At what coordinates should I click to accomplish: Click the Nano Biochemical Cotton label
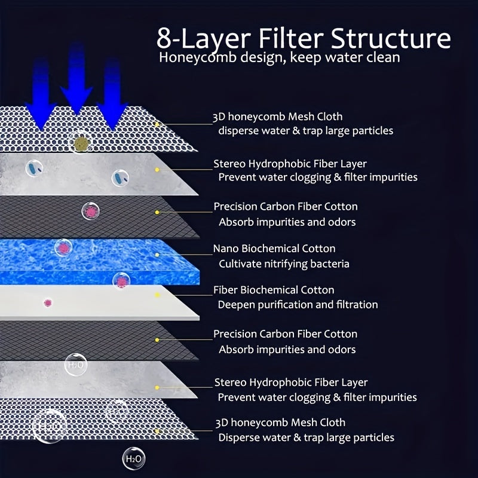point(274,249)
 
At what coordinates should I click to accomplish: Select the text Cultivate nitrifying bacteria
point(284,263)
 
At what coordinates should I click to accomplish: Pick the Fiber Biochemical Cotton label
point(274,290)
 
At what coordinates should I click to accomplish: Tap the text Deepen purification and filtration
point(298,305)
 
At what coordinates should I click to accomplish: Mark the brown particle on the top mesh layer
point(79,141)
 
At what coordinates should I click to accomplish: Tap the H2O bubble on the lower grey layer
point(76,364)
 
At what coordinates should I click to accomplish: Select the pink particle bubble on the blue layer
point(63,247)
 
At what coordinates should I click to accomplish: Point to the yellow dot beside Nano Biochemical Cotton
point(157,255)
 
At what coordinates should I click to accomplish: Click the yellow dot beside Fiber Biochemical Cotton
point(157,296)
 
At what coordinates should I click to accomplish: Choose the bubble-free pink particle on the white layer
point(47,302)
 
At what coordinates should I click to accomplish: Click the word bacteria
point(330,263)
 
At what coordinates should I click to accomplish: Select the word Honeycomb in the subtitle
point(190,59)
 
